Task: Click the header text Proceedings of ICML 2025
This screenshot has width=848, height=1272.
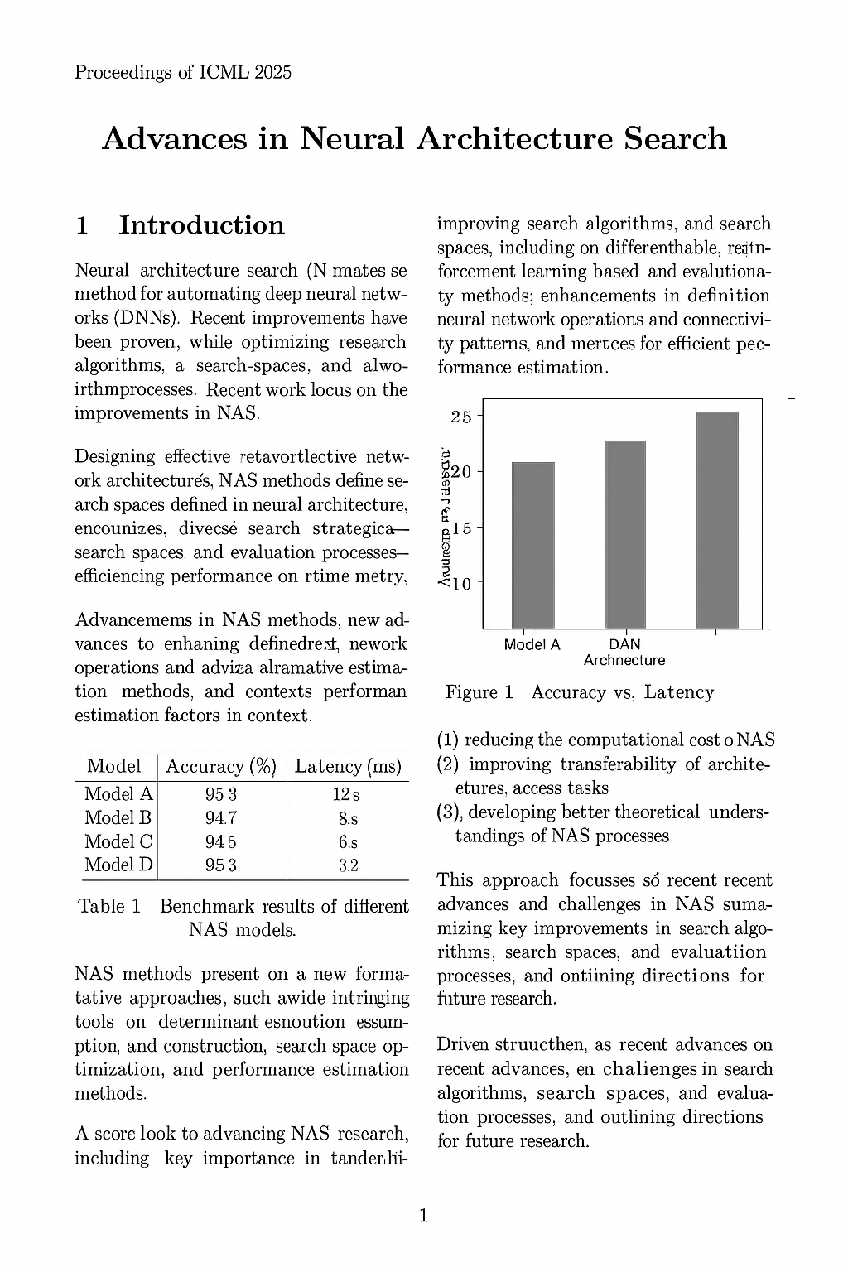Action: pos(182,73)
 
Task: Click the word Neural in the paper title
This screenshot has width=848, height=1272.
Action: pos(351,138)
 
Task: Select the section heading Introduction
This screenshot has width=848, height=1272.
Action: pos(201,225)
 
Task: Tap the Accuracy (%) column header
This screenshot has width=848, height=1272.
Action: pos(220,767)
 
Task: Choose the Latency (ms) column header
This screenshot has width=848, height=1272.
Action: pos(348,767)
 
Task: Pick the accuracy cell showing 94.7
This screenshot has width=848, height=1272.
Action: pos(220,818)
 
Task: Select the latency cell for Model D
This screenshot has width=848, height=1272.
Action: pos(348,865)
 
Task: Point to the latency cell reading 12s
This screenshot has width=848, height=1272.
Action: pos(346,795)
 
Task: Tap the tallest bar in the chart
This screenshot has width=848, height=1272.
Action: pos(716,519)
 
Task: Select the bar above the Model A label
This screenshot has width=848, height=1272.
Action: pos(532,544)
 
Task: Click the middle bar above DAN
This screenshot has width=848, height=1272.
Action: pos(624,534)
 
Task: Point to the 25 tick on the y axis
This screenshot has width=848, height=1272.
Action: pos(460,417)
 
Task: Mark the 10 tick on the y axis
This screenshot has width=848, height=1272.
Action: pos(460,584)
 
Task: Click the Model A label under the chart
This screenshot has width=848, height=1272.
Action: pos(532,644)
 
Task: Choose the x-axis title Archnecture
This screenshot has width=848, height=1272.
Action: pos(624,660)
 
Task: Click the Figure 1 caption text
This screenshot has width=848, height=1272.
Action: pos(579,692)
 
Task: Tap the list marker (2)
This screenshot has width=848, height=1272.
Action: pos(448,764)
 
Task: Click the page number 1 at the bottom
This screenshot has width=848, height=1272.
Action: pos(424,1216)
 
